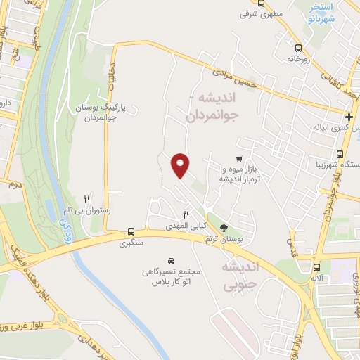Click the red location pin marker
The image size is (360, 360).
click(181, 165)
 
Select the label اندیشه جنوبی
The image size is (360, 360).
click(240, 276)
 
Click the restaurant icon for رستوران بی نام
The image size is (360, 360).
click(87, 199)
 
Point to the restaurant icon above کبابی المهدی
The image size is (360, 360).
click(186, 215)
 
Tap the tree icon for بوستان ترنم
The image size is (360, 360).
click(224, 227)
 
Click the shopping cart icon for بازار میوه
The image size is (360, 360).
click(240, 158)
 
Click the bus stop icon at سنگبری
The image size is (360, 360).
click(131, 231)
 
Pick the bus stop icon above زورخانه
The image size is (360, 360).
click(299, 48)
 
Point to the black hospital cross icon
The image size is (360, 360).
click(349, 116)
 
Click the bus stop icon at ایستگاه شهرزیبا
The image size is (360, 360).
click(341, 154)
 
